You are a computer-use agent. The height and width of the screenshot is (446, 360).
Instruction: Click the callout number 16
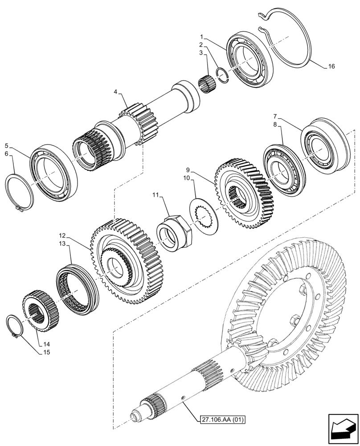(331, 66)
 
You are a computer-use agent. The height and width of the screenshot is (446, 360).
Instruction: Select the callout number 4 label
(115, 92)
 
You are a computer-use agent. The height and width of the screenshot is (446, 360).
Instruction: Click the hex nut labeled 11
(176, 231)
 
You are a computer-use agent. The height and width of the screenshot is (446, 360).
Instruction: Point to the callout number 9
(188, 170)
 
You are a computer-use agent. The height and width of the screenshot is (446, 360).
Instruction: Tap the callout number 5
(6, 145)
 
